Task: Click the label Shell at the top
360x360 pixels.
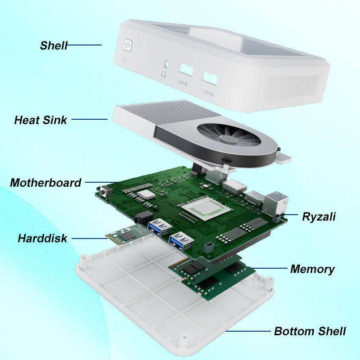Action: click(x=54, y=45)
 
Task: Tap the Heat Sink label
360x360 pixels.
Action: click(x=40, y=120)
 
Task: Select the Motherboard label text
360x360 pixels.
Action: click(x=46, y=183)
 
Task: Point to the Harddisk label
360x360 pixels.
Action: click(x=42, y=238)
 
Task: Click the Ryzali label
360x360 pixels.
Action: click(x=319, y=217)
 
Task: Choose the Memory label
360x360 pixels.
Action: click(x=312, y=269)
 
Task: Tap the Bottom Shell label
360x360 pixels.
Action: click(x=310, y=331)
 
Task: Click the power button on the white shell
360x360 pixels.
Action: click(x=128, y=45)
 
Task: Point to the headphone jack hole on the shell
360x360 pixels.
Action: click(x=167, y=64)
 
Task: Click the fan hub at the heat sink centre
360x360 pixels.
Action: click(x=228, y=139)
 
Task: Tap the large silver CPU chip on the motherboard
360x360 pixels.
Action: click(x=206, y=208)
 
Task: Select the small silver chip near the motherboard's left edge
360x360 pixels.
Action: click(x=146, y=194)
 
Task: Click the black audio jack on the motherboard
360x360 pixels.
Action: click(x=144, y=217)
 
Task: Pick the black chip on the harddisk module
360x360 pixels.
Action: click(x=127, y=236)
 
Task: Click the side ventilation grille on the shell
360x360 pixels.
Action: click(x=291, y=88)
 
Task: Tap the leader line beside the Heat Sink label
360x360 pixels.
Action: click(x=90, y=119)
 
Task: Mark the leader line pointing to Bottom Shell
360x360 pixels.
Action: click(x=248, y=331)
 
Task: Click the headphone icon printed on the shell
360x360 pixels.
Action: click(x=164, y=75)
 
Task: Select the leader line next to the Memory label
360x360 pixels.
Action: click(x=269, y=268)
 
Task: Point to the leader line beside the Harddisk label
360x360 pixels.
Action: click(x=90, y=238)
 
